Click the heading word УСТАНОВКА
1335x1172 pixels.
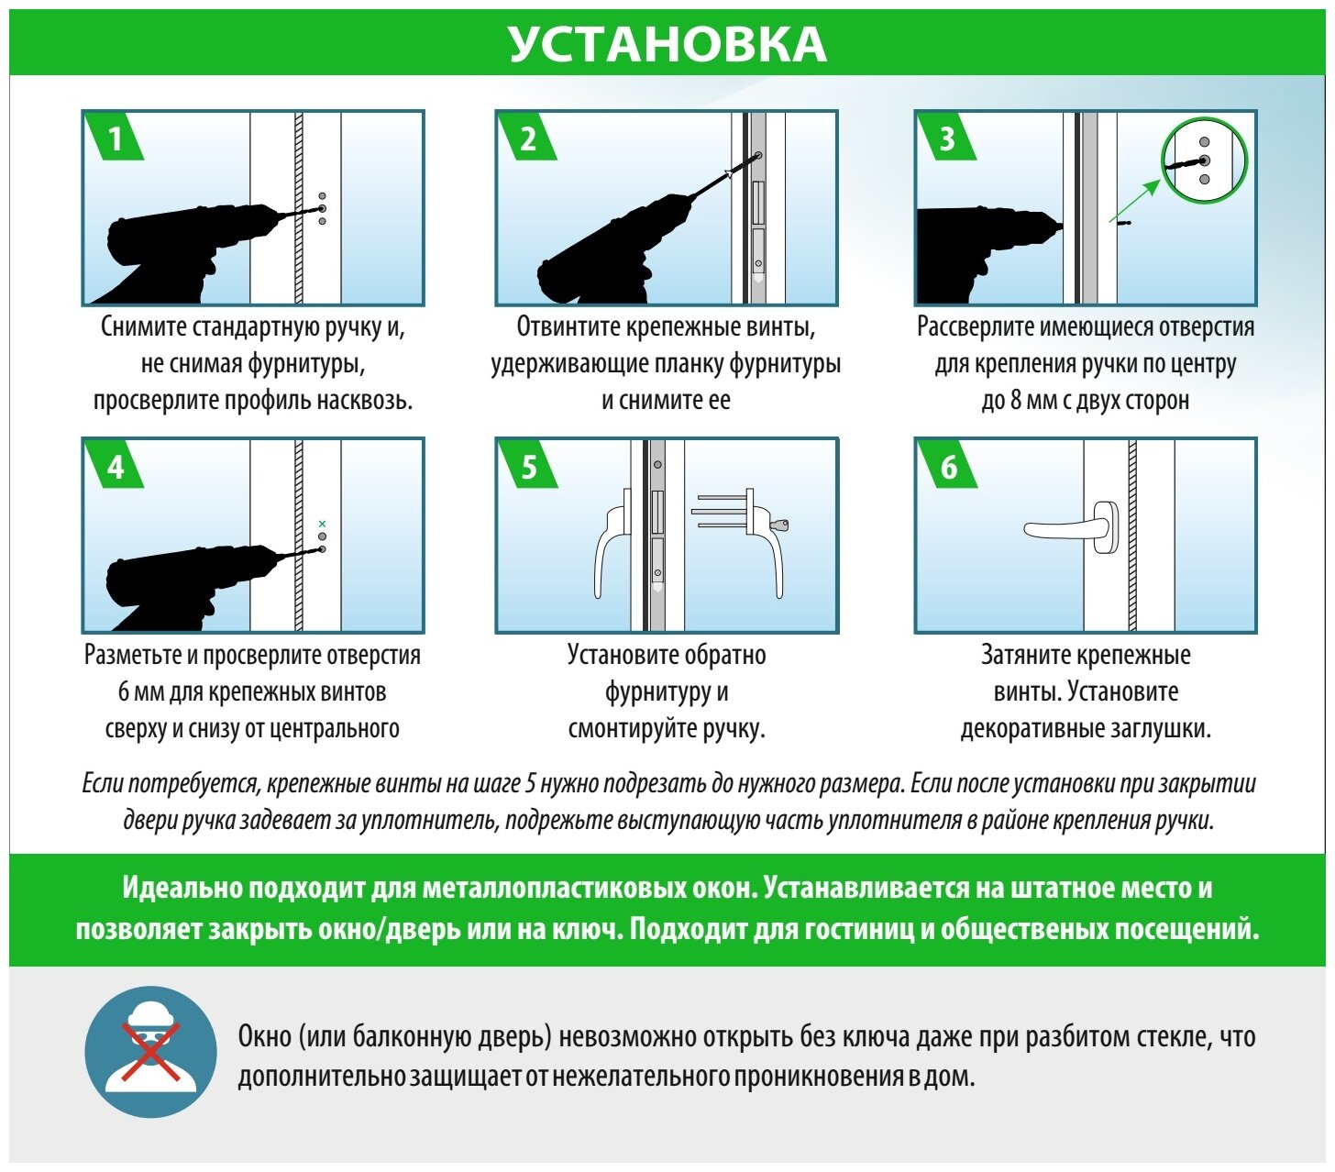[x=667, y=44]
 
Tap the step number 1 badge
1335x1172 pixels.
[x=115, y=138]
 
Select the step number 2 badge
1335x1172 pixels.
[x=528, y=138]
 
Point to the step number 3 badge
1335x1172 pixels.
[x=947, y=138]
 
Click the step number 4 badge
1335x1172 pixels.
[x=115, y=467]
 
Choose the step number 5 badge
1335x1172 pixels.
[x=528, y=467]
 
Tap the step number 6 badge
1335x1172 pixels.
[x=948, y=467]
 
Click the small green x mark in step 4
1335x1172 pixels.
[x=322, y=523]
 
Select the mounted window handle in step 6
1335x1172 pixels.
[x=1073, y=528]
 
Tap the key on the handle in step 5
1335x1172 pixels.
[x=780, y=525]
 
